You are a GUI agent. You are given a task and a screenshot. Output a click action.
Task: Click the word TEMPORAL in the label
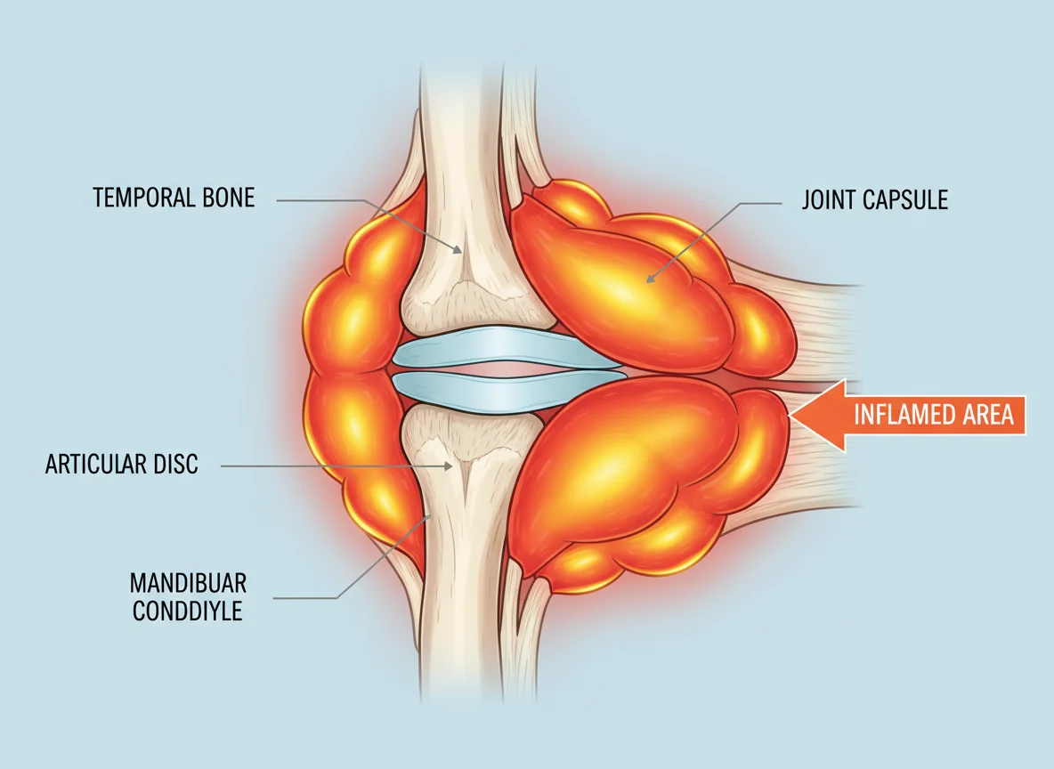pyautogui.click(x=135, y=198)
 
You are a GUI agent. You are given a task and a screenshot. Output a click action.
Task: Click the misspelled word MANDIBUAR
pyautogui.click(x=188, y=582)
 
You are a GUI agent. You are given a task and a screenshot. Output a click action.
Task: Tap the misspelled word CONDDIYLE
pyautogui.click(x=188, y=611)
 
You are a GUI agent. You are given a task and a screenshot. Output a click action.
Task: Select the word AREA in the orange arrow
pyautogui.click(x=987, y=415)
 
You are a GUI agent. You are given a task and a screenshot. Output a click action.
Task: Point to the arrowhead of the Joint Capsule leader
pyautogui.click(x=648, y=279)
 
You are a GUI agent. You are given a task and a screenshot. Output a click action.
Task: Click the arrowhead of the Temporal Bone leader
pyautogui.click(x=458, y=251)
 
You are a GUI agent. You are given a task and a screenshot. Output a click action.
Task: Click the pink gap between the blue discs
pyautogui.click(x=507, y=369)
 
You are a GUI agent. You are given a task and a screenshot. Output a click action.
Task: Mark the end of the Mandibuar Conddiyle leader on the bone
pyautogui.click(x=429, y=516)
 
